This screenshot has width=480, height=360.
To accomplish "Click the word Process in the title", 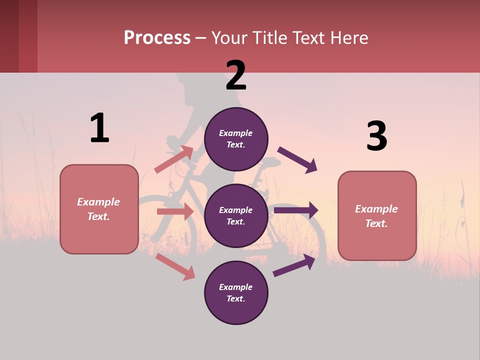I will click(x=157, y=38).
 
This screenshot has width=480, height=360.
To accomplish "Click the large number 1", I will click(x=99, y=128).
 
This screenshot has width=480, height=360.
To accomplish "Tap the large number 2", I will click(x=236, y=75).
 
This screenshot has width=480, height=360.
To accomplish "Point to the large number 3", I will click(x=376, y=136).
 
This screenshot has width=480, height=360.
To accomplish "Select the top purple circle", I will click(x=236, y=139).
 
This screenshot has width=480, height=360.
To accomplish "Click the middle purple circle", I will click(x=236, y=215).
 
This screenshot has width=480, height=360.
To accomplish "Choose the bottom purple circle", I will click(x=236, y=292).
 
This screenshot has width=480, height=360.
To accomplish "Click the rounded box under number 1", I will click(x=99, y=209).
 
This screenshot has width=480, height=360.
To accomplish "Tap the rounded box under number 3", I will click(x=377, y=216).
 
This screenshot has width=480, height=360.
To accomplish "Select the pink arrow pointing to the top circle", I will click(x=174, y=159).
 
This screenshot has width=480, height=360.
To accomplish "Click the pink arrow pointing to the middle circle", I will click(x=175, y=211).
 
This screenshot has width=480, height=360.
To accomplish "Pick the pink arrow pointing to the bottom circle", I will click(x=175, y=266).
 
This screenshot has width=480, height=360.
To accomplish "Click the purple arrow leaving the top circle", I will click(x=297, y=159).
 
